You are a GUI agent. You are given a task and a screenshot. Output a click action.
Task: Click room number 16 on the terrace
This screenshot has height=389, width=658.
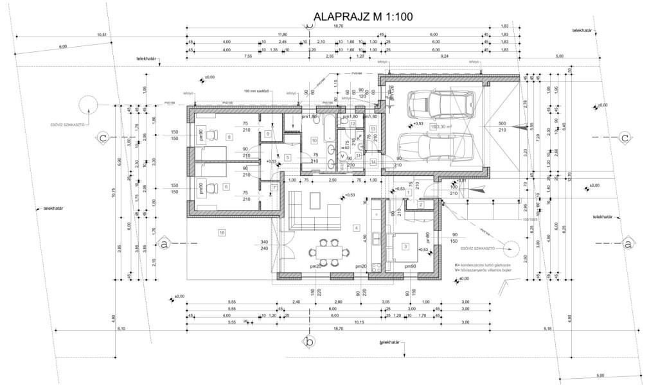tap(222, 232)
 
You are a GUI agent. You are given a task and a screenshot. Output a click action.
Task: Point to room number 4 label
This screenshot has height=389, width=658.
tap(355, 228)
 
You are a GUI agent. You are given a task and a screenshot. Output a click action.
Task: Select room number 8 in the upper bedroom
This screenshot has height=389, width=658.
tap(229, 137)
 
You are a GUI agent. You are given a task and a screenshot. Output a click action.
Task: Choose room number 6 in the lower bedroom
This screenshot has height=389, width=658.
tap(226, 187)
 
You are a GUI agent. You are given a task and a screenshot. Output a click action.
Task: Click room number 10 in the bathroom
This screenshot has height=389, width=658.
tap(315, 139)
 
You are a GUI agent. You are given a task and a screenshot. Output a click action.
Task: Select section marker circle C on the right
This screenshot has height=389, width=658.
tap(623, 137)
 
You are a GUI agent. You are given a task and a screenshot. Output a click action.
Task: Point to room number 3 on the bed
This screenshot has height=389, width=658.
tap(405, 246)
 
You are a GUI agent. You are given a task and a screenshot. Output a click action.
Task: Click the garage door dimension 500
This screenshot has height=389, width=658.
tap(502, 123)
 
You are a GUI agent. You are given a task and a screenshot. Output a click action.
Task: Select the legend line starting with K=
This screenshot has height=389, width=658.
tap(482, 264)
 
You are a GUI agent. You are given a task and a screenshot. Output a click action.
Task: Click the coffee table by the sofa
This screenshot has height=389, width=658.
tap(315, 200)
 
